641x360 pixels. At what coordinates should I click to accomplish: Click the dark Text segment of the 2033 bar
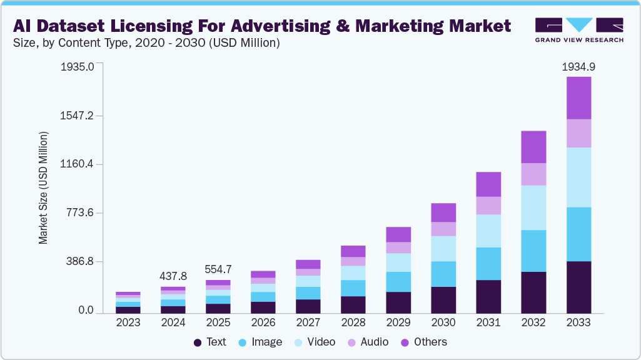point(578,287)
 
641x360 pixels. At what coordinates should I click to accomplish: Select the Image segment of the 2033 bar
point(578,234)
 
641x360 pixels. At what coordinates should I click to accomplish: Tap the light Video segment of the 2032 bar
point(533,207)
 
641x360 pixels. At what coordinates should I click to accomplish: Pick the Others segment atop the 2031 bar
point(488,184)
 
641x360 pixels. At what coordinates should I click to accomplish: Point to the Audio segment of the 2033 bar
point(578,133)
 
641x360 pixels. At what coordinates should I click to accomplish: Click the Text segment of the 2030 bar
point(443,300)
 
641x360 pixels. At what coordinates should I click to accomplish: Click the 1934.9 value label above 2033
point(578,66)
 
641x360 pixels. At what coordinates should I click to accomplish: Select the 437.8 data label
point(173,276)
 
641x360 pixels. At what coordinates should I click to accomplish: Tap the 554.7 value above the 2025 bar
point(218,269)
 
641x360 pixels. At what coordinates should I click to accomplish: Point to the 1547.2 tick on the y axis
point(77,116)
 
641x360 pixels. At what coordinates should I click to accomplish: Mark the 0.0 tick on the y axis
point(86,311)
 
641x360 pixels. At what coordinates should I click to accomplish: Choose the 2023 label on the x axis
point(128,323)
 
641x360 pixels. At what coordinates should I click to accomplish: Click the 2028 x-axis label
point(353,323)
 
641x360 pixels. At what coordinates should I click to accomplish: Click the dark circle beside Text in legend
point(198,342)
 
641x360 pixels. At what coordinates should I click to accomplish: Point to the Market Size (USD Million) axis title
point(43,187)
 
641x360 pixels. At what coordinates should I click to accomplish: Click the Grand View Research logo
point(579,29)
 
